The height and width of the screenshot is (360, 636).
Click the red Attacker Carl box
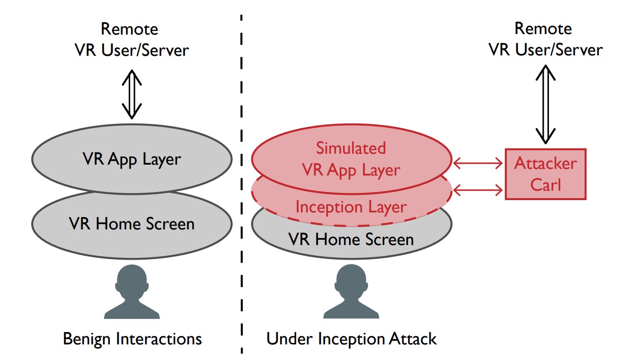point(545,174)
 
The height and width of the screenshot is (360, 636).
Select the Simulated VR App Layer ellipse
point(351,158)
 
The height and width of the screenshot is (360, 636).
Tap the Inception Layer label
point(351,207)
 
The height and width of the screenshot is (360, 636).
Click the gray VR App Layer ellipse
point(132,159)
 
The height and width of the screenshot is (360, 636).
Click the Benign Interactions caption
point(132,339)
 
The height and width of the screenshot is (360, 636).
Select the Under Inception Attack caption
point(351,339)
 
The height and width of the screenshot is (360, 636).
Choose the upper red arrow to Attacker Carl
point(478,164)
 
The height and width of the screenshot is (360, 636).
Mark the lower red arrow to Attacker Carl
point(478,190)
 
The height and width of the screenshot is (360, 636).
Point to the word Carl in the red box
point(545,184)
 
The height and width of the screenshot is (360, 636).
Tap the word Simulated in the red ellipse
point(351,148)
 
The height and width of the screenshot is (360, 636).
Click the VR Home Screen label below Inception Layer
point(351,239)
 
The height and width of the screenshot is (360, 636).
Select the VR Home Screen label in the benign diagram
point(132,223)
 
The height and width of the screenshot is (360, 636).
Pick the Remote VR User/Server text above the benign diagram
point(132,39)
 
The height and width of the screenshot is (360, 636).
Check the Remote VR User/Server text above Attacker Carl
point(545,39)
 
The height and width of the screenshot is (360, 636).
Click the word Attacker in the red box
point(545,164)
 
